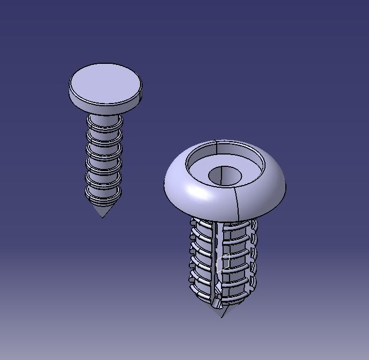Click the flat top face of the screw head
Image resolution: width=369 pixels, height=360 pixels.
click(105, 83)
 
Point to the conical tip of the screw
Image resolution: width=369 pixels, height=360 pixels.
click(102, 210)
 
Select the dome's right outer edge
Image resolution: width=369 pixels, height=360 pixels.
click(285, 185)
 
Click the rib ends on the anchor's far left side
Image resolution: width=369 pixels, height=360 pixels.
click(191, 258)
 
